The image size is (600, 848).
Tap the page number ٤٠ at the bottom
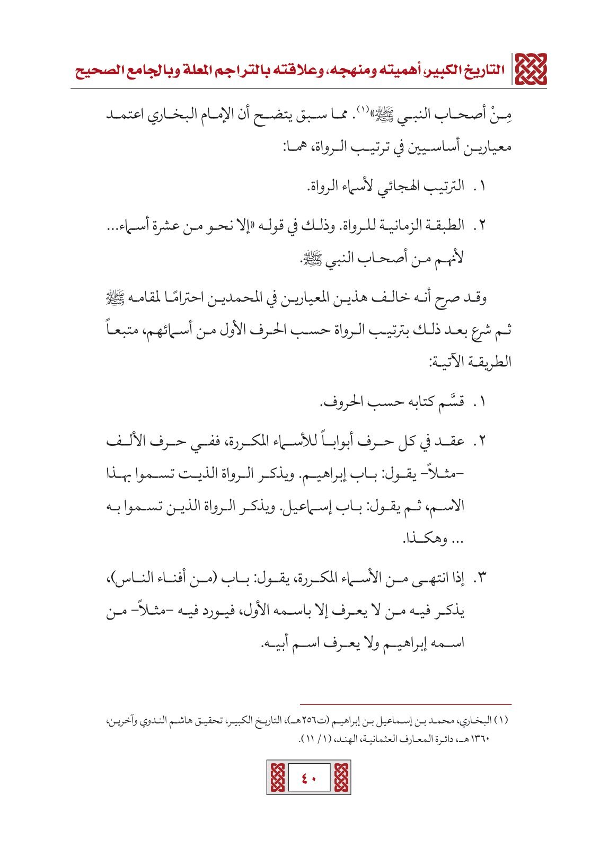pyautogui.click(x=309, y=778)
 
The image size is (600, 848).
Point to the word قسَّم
pyautogui.click(x=450, y=402)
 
